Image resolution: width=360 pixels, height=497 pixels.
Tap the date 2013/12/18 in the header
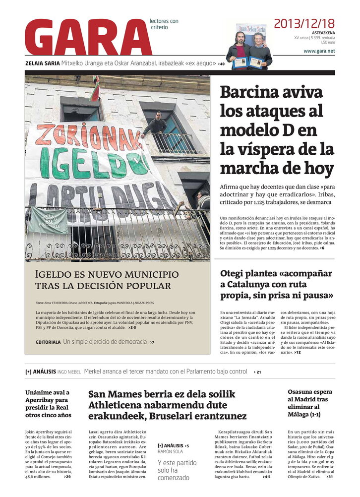coord(304,23)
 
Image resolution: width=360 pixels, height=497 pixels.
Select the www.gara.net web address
coord(319,51)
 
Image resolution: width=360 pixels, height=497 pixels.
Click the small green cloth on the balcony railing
coord(48,220)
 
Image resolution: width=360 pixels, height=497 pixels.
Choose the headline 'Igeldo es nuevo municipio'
coord(107,274)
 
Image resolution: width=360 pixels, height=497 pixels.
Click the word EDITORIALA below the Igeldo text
coord(48,342)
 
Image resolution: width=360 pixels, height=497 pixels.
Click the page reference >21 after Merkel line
coord(257,372)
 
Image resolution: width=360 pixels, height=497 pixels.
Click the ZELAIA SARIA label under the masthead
coord(43,63)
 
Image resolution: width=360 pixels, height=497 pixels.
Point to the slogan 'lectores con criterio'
coord(164,24)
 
